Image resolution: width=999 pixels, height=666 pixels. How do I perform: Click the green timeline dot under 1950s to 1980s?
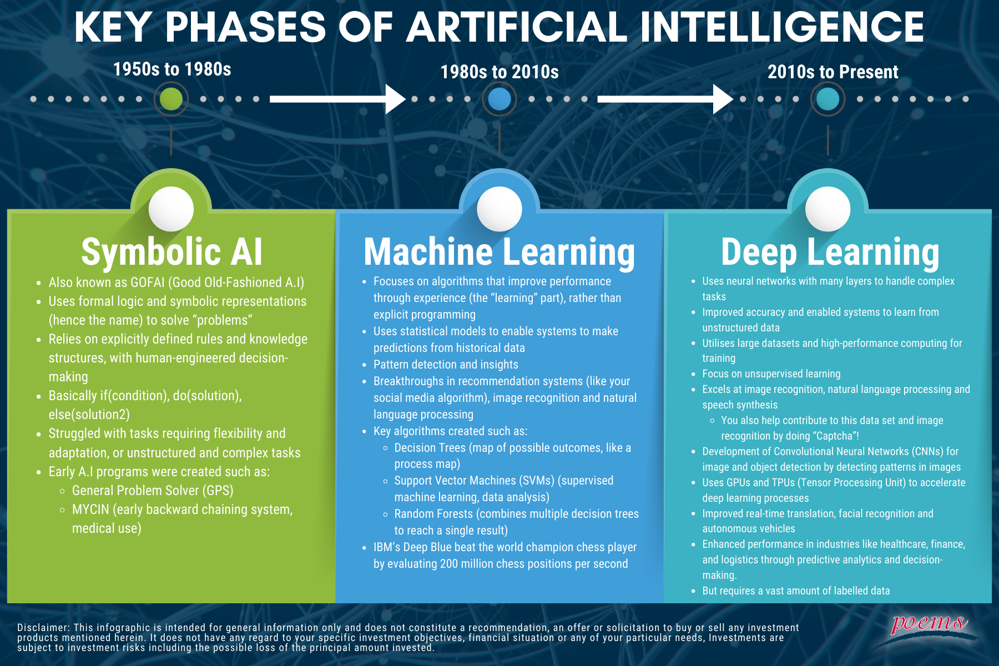tap(171, 99)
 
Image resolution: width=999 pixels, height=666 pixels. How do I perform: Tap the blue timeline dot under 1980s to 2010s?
tap(500, 99)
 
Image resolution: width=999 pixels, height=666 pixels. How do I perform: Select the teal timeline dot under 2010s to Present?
tap(828, 99)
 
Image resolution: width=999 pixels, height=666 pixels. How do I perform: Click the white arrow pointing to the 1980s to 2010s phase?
tap(338, 99)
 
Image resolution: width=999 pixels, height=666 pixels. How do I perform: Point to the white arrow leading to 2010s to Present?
tap(665, 99)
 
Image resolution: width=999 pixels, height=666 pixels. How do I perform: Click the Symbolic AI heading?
tap(171, 253)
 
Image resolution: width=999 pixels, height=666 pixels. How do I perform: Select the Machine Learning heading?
tap(500, 253)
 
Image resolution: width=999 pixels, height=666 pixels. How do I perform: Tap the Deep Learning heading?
tap(830, 253)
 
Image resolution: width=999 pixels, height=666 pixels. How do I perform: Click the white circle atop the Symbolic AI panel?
tap(171, 209)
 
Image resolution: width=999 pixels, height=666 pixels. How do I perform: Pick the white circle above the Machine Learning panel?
tap(500, 209)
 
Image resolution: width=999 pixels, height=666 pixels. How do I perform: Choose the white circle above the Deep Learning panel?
tap(828, 209)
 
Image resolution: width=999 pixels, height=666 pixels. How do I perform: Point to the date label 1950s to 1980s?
tap(172, 69)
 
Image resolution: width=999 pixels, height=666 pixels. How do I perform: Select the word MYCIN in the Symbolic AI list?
tap(91, 509)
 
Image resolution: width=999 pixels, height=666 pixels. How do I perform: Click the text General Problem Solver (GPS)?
tap(153, 491)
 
